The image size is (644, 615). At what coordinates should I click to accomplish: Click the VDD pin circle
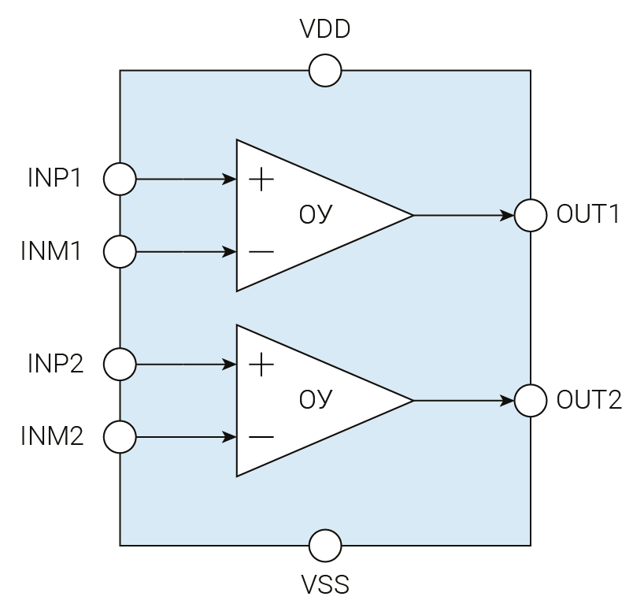pyautogui.click(x=325, y=70)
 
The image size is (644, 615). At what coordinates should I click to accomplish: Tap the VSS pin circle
pyautogui.click(x=325, y=545)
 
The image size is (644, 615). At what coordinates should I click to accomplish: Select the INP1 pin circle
pyautogui.click(x=120, y=179)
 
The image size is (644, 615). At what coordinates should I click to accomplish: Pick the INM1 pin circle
pyautogui.click(x=120, y=252)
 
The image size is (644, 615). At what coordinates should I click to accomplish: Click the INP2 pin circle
pyautogui.click(x=120, y=365)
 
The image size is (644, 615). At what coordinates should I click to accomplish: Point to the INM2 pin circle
pyautogui.click(x=120, y=437)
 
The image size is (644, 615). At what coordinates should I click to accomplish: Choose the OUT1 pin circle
pyautogui.click(x=531, y=215)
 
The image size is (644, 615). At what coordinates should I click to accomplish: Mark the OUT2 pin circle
pyautogui.click(x=531, y=400)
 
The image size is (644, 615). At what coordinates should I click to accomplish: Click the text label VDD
pyautogui.click(x=325, y=30)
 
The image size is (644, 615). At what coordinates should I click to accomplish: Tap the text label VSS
pyautogui.click(x=325, y=585)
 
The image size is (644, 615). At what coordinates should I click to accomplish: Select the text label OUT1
pyautogui.click(x=589, y=215)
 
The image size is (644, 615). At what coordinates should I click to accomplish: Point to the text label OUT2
pyautogui.click(x=589, y=400)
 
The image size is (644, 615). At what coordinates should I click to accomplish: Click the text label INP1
pyautogui.click(x=55, y=179)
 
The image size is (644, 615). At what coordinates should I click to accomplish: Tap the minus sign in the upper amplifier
pyautogui.click(x=261, y=252)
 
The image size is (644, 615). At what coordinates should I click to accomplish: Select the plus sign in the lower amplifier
pyautogui.click(x=261, y=365)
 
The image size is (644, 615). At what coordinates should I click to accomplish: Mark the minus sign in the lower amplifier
pyautogui.click(x=261, y=437)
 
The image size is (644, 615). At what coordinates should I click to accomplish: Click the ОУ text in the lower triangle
pyautogui.click(x=316, y=400)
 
